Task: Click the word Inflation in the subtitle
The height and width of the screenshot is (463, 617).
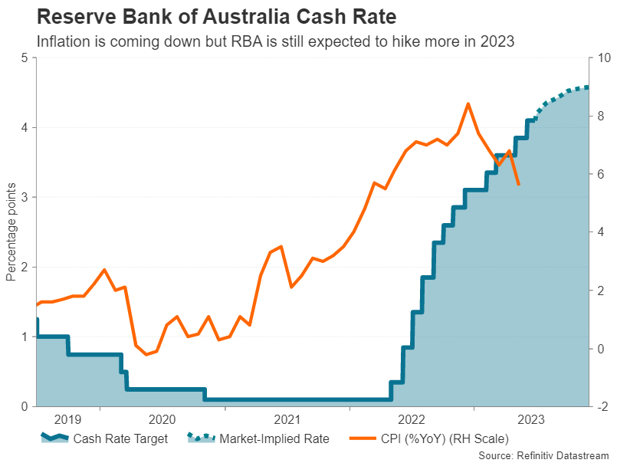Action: pyautogui.click(x=63, y=40)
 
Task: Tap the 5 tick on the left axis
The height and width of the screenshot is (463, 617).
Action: pyautogui.click(x=25, y=58)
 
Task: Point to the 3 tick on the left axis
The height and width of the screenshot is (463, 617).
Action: pyautogui.click(x=25, y=198)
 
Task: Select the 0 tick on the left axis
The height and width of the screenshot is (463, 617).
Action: pyautogui.click(x=25, y=406)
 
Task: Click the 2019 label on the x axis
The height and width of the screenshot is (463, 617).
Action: pyautogui.click(x=67, y=419)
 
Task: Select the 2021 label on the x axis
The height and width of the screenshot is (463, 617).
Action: pyautogui.click(x=287, y=419)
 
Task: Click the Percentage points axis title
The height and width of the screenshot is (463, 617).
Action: pyautogui.click(x=11, y=232)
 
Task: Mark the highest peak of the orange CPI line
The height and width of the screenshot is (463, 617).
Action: pyautogui.click(x=468, y=103)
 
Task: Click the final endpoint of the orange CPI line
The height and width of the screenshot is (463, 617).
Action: pyautogui.click(x=519, y=185)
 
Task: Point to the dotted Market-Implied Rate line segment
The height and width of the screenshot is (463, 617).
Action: pyautogui.click(x=560, y=94)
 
